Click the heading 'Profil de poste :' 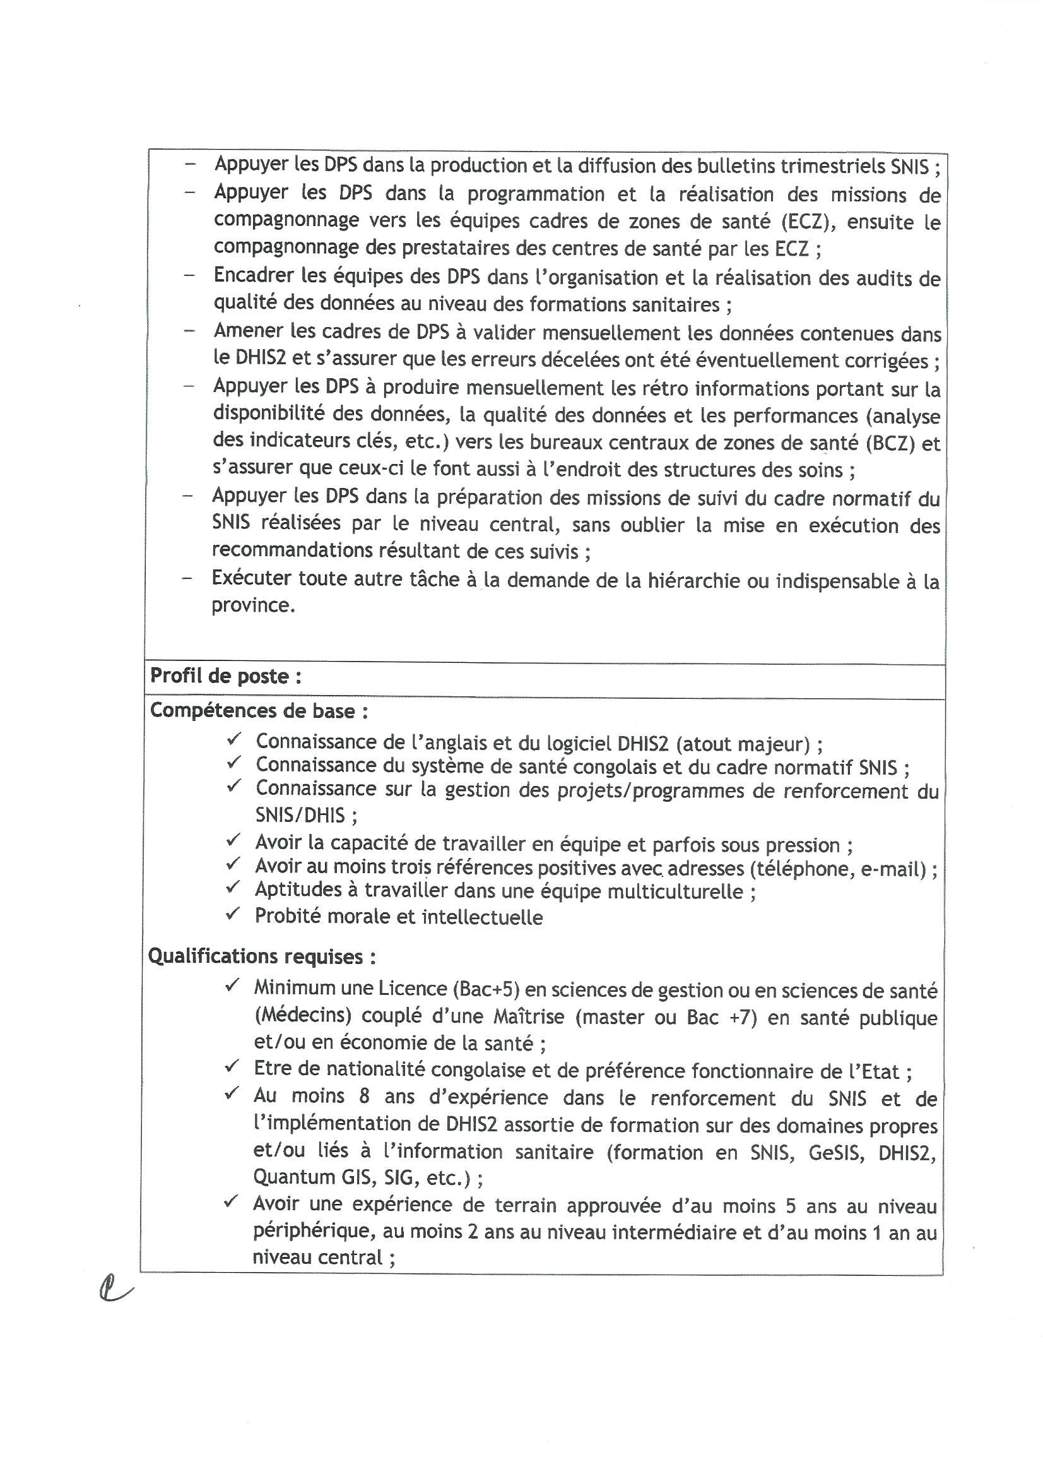(x=225, y=676)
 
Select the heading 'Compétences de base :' (x=258, y=711)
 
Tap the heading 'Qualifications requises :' (x=262, y=956)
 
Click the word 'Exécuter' (x=250, y=578)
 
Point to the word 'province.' (x=253, y=605)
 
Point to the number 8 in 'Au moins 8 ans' (x=364, y=1096)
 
